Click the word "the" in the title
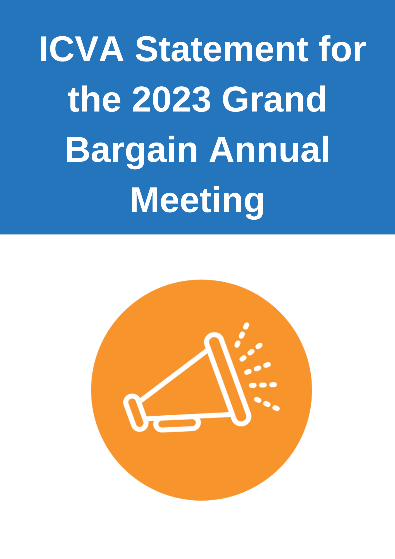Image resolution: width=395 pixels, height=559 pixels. click(x=95, y=99)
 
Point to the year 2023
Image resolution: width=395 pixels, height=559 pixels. click(x=172, y=99)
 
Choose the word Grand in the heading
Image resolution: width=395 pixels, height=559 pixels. click(x=274, y=99)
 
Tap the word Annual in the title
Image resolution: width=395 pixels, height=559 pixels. click(x=269, y=150)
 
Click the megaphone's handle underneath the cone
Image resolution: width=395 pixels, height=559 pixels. click(x=177, y=425)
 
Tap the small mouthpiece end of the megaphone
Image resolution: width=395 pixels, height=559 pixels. click(x=136, y=413)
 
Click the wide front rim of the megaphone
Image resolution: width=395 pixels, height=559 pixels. click(x=228, y=379)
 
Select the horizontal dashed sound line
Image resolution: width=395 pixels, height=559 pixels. click(x=263, y=385)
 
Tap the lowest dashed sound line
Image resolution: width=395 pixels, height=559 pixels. click(x=267, y=404)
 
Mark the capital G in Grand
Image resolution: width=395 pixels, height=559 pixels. click(x=235, y=99)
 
